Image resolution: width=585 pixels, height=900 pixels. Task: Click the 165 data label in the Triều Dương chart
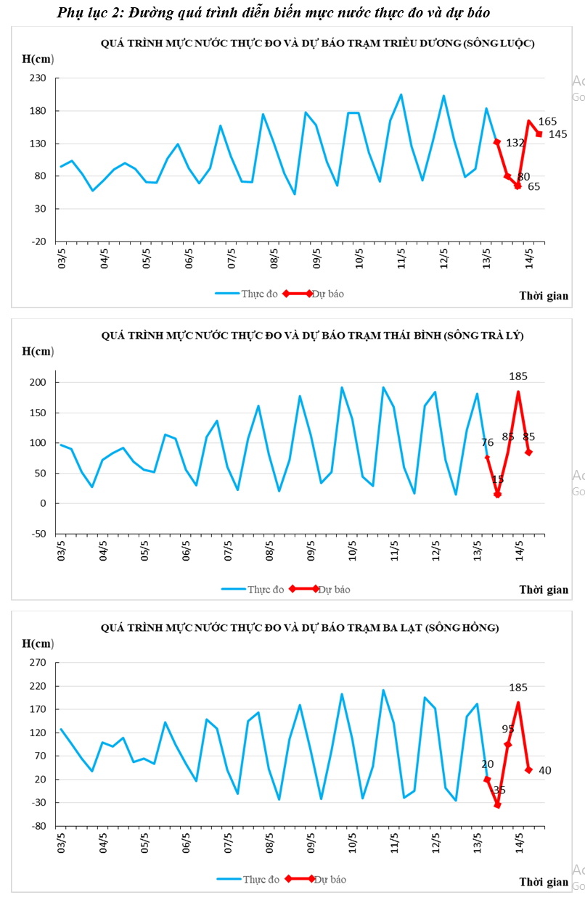[548, 121]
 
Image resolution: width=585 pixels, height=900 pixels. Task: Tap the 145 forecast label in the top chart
[558, 134]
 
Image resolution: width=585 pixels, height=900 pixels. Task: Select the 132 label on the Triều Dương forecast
[515, 143]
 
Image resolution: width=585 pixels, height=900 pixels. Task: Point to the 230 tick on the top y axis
[38, 78]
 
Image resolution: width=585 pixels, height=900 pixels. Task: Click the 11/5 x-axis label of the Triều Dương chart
[401, 257]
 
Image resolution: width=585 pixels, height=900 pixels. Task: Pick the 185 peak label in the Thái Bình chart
[518, 376]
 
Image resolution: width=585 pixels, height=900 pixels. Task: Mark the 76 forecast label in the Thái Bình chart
[487, 442]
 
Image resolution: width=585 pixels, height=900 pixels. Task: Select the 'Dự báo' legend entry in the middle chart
[334, 590]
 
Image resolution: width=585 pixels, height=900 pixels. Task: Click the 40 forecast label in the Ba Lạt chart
[545, 770]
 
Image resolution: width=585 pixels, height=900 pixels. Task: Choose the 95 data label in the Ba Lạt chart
[508, 729]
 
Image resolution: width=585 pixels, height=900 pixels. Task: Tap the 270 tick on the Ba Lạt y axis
[38, 663]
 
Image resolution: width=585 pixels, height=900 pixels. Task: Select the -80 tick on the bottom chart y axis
[38, 826]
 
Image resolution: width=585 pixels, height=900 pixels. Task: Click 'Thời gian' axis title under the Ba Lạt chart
[544, 882]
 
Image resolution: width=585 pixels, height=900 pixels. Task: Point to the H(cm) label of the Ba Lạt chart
[38, 643]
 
